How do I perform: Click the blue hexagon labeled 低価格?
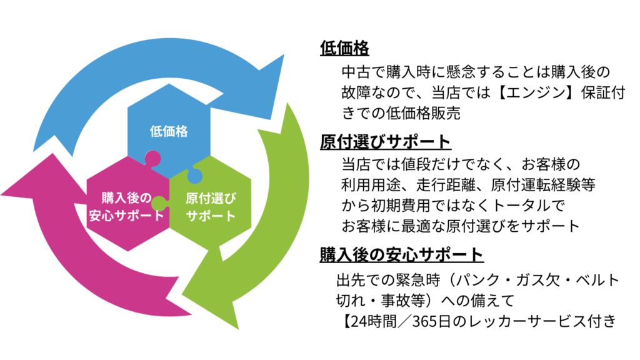[169, 128]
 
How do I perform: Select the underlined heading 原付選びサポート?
[385, 141]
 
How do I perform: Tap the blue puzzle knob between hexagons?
[195, 177]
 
